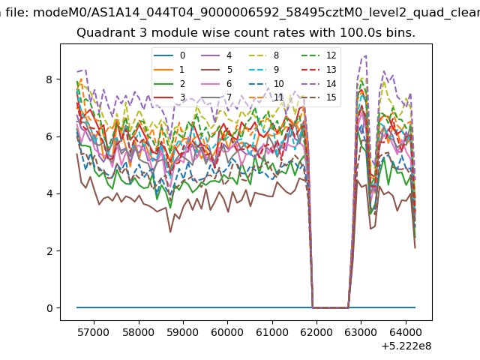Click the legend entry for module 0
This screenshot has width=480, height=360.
click(169, 55)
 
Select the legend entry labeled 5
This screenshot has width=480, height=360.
click(217, 70)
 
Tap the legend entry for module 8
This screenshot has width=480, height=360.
click(263, 55)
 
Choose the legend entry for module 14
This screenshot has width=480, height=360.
click(319, 84)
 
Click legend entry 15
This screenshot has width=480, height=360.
click(319, 97)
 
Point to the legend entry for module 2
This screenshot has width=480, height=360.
click(169, 84)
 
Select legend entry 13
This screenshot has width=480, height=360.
click(319, 70)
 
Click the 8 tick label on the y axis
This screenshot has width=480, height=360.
click(49, 79)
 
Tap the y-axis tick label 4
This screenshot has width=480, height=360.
click(49, 193)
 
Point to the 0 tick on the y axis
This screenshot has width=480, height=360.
click(49, 308)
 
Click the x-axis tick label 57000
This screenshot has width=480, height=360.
click(93, 332)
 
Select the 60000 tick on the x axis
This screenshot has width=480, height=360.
click(227, 332)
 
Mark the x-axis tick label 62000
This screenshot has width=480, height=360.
click(316, 332)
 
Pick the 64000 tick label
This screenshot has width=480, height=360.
click(406, 332)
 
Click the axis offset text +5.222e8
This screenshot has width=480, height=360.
click(406, 346)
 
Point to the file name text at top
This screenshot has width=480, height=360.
click(240, 13)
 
